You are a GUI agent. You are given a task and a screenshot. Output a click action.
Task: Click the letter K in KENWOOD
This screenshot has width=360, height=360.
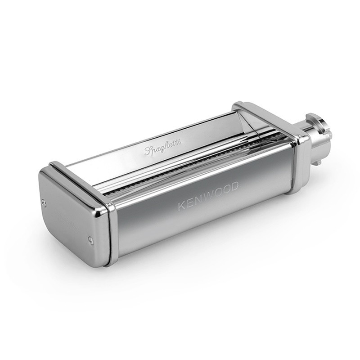pos(182,206)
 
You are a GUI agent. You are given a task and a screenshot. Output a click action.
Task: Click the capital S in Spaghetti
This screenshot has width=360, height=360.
pos(148,151)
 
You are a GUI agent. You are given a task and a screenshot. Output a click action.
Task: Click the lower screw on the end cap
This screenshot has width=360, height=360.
pos(90,240)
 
